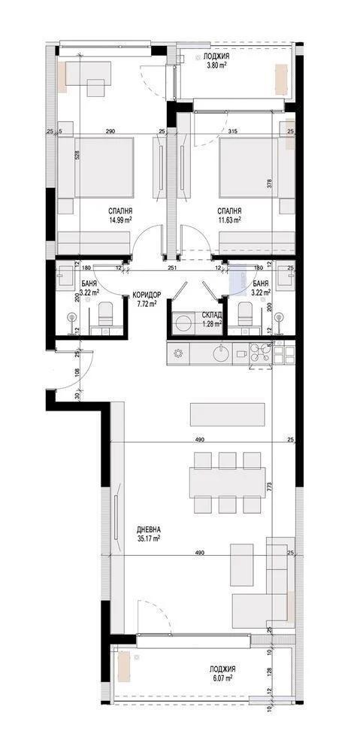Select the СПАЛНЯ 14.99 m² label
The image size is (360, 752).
tap(119, 216)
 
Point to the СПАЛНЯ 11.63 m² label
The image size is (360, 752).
tap(228, 216)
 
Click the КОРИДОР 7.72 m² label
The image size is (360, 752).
tap(145, 299)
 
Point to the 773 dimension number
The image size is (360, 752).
tap(269, 487)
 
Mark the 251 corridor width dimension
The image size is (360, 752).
tap(171, 267)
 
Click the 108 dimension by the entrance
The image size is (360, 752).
tap(77, 371)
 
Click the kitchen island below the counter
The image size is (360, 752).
tap(227, 414)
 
